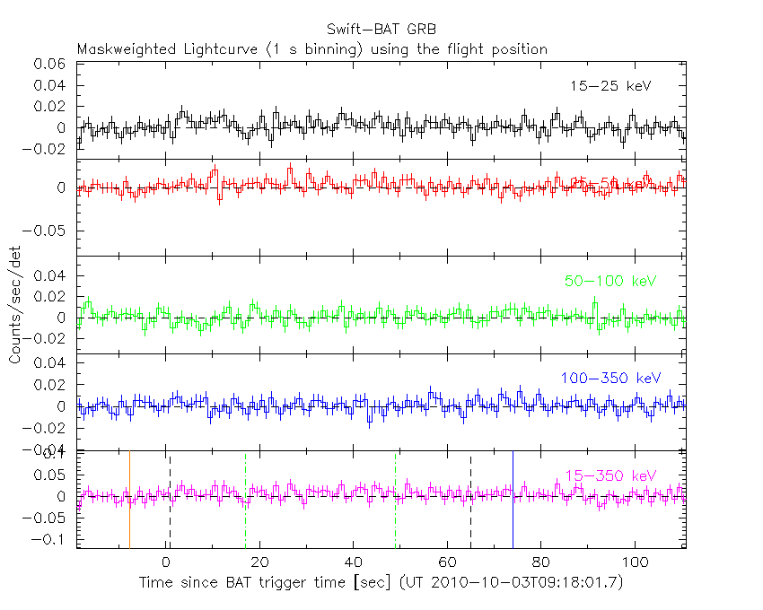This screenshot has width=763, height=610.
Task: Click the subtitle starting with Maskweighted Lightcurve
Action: click(x=311, y=49)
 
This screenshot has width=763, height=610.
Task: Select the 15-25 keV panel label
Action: click(x=610, y=86)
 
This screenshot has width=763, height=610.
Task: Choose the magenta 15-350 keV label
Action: click(x=610, y=475)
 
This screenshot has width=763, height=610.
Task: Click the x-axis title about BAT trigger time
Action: click(x=381, y=583)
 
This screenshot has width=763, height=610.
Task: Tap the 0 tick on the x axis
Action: click(x=166, y=562)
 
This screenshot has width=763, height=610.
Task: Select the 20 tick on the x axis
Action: click(x=260, y=562)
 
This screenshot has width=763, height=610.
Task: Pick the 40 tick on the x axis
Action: click(x=354, y=562)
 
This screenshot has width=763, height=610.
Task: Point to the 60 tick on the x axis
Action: click(x=447, y=562)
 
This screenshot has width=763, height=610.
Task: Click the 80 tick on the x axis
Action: click(x=540, y=562)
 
